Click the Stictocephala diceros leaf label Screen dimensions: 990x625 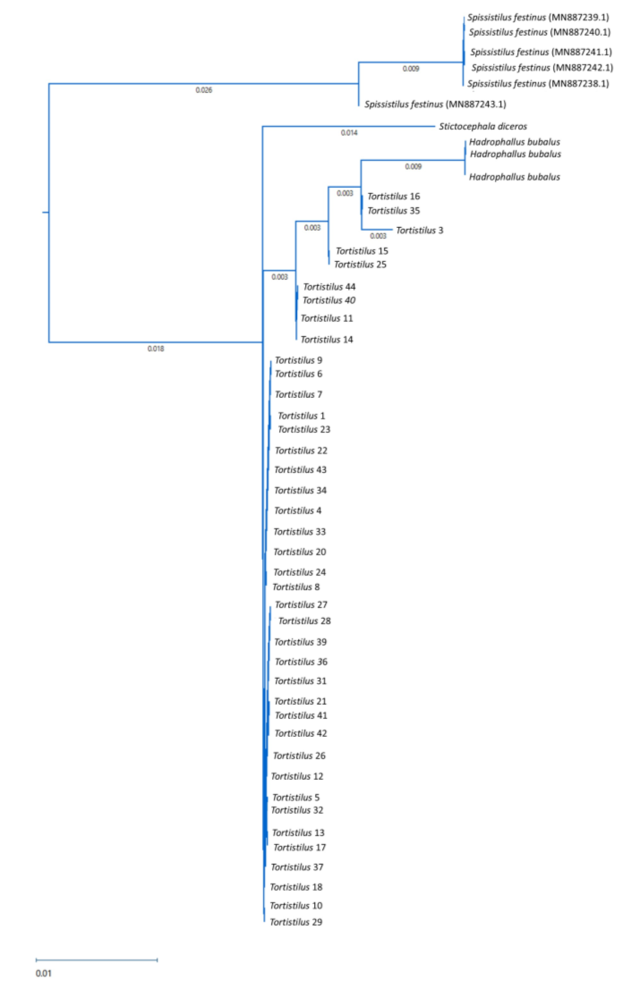[483, 126]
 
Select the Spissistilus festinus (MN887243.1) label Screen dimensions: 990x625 [435, 104]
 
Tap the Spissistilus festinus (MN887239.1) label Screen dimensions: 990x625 [538, 17]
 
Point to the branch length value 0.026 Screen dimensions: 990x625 [204, 90]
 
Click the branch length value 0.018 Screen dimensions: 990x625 [156, 349]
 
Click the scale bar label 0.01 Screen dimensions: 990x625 [44, 973]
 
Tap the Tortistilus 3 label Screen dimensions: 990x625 [419, 230]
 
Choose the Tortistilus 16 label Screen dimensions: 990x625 [393, 197]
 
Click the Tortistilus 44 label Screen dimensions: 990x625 [329, 287]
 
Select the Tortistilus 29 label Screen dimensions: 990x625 [296, 922]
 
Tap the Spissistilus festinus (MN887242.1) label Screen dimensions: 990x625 [542, 67]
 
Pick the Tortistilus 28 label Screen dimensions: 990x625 [304, 621]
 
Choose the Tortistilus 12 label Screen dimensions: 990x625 [297, 776]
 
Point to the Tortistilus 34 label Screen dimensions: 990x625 [300, 490]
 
